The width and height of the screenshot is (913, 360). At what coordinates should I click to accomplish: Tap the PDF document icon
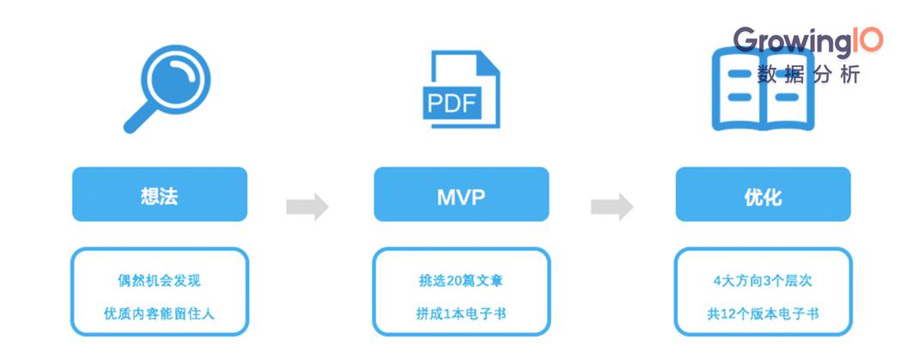click(461, 88)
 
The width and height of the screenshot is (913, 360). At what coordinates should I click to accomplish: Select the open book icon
click(763, 89)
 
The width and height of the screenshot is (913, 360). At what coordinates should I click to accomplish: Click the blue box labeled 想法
click(160, 194)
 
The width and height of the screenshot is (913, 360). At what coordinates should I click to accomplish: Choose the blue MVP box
click(461, 194)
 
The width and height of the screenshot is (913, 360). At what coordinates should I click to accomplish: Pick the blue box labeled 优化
click(763, 194)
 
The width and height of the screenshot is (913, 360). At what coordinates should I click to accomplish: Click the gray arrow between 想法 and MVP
click(307, 206)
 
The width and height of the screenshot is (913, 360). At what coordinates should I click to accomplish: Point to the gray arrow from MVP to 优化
click(612, 206)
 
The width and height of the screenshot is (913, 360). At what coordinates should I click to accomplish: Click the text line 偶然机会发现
click(160, 280)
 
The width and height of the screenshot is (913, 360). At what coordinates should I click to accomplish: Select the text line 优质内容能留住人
click(160, 314)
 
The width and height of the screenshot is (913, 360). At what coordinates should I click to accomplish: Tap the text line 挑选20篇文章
click(460, 280)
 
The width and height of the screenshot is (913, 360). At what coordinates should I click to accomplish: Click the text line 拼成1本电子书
click(460, 314)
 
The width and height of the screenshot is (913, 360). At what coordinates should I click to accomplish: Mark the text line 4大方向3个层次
click(763, 280)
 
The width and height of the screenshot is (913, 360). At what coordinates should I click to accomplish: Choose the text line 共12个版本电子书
click(763, 314)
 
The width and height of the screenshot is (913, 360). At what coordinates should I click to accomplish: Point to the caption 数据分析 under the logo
click(808, 75)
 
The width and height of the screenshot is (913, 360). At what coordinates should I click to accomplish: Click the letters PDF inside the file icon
click(452, 103)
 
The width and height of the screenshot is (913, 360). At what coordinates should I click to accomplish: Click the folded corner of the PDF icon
click(488, 63)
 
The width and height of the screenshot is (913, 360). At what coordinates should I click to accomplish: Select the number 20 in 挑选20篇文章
click(454, 280)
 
